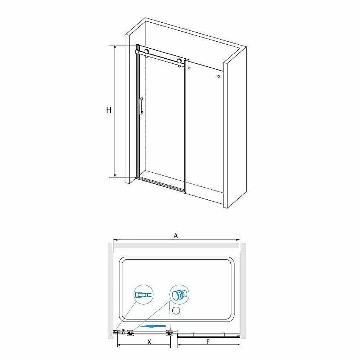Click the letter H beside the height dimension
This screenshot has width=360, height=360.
tap(109, 110)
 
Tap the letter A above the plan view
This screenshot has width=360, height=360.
tap(176, 236)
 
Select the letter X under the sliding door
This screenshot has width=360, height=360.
tap(149, 342)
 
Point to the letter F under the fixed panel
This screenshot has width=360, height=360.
tap(208, 342)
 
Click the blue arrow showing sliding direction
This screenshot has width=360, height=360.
tap(153, 326)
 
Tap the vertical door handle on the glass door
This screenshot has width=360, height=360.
tap(141, 105)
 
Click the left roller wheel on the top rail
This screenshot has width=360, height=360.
tap(146, 51)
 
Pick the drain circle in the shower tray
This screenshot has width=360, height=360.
tap(176, 310)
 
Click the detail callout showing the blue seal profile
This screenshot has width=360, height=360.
tap(144, 294)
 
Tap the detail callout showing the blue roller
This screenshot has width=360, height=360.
tap(179, 294)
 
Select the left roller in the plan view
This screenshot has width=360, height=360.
tap(130, 333)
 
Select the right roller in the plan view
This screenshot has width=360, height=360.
tap(170, 333)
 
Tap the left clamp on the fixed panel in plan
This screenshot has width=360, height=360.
tap(193, 335)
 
